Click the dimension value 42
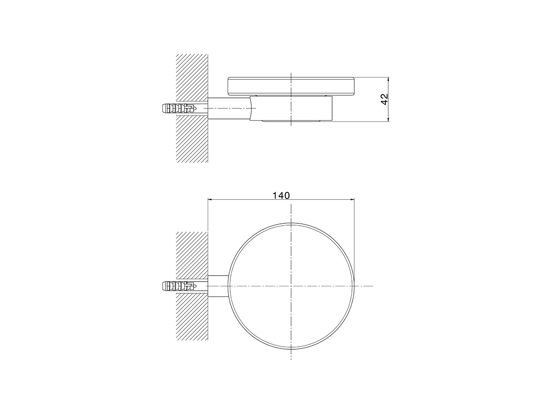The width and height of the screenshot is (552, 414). pos(385,99)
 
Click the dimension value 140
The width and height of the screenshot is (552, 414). pos(281,195)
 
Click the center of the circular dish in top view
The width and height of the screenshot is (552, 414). pos(292,286)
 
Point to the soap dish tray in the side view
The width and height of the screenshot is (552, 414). pos(292,85)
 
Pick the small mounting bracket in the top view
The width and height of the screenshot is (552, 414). pos(218,286)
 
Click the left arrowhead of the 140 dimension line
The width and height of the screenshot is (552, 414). pos(210,199)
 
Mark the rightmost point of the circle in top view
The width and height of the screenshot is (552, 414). pos(354,286)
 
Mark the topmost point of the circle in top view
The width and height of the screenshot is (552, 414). pos(292,223)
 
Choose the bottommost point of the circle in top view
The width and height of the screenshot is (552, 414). pos(292,349)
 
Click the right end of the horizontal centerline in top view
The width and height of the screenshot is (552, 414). pos(373,286)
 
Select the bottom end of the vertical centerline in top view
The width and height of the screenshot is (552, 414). pos(292,361)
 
